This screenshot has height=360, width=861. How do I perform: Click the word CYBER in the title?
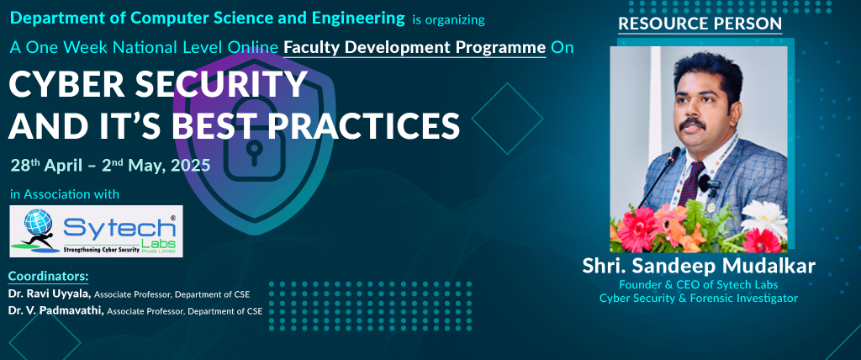point(63,85)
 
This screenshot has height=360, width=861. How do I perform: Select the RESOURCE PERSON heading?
point(700,24)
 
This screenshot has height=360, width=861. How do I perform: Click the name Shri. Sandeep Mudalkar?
point(699,266)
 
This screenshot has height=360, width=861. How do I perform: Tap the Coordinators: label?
point(48,276)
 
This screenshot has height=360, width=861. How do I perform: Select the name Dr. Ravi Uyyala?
point(49,294)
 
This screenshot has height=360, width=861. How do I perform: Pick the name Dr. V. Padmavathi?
point(55,311)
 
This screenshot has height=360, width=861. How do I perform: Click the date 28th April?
point(44,165)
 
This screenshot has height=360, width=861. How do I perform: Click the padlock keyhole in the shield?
point(253,151)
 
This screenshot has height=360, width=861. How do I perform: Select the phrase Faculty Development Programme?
point(415,48)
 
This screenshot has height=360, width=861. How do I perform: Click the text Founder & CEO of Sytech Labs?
point(699,284)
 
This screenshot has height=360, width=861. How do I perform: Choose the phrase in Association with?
point(64,194)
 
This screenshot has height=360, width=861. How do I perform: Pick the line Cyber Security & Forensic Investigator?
point(699,299)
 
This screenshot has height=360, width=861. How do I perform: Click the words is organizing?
point(448,20)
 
